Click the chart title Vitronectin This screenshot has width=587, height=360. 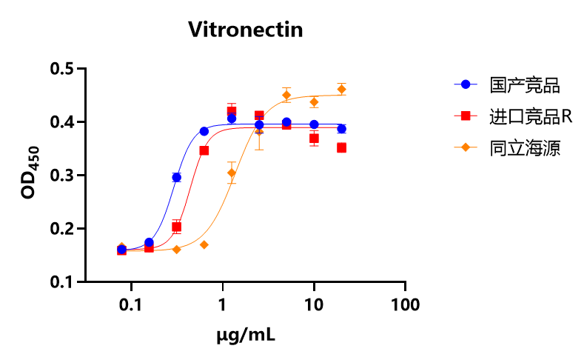point(245,30)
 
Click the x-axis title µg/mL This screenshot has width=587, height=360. point(246,336)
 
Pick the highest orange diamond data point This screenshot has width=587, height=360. point(341,89)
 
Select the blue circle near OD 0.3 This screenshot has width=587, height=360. point(176,177)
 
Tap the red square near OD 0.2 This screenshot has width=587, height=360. point(176,227)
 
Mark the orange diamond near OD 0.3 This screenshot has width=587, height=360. point(232,173)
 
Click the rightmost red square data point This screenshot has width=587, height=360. point(341,147)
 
